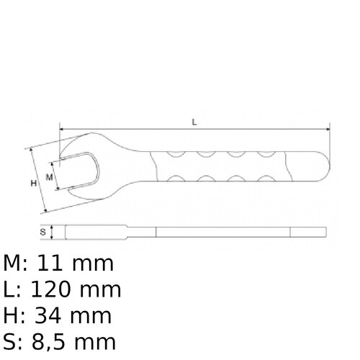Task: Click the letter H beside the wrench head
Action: pyautogui.click(x=33, y=184)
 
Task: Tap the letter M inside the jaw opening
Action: pyautogui.click(x=50, y=176)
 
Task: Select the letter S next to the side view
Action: pyautogui.click(x=43, y=232)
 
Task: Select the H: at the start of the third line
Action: pyautogui.click(x=16, y=315)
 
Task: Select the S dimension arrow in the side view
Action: pyautogui.click(x=53, y=232)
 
